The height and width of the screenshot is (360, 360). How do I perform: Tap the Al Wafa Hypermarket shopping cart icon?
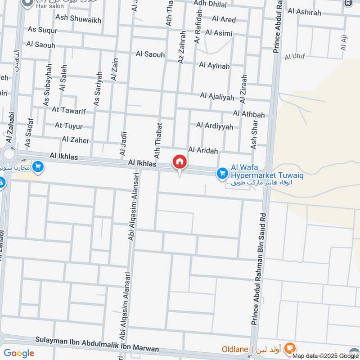222,173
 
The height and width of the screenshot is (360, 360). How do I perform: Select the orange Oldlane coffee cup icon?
290,347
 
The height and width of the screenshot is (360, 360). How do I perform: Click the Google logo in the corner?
19,353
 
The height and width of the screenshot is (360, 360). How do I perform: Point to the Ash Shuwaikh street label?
78,20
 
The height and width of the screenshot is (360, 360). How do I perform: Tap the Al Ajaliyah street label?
217,97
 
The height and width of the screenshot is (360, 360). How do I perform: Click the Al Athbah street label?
249,114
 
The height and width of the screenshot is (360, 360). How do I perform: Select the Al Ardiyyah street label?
215,126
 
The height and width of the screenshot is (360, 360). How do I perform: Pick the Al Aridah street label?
203,150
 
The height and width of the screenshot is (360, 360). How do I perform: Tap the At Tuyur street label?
68,125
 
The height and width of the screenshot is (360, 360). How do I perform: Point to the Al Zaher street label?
76,140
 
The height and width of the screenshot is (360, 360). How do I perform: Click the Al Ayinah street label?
214,66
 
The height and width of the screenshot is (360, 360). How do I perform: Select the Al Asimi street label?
219,33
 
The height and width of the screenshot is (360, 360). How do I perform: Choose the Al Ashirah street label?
305,13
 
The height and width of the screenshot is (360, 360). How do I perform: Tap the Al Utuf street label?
295,57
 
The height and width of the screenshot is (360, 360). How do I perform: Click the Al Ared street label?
224,19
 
